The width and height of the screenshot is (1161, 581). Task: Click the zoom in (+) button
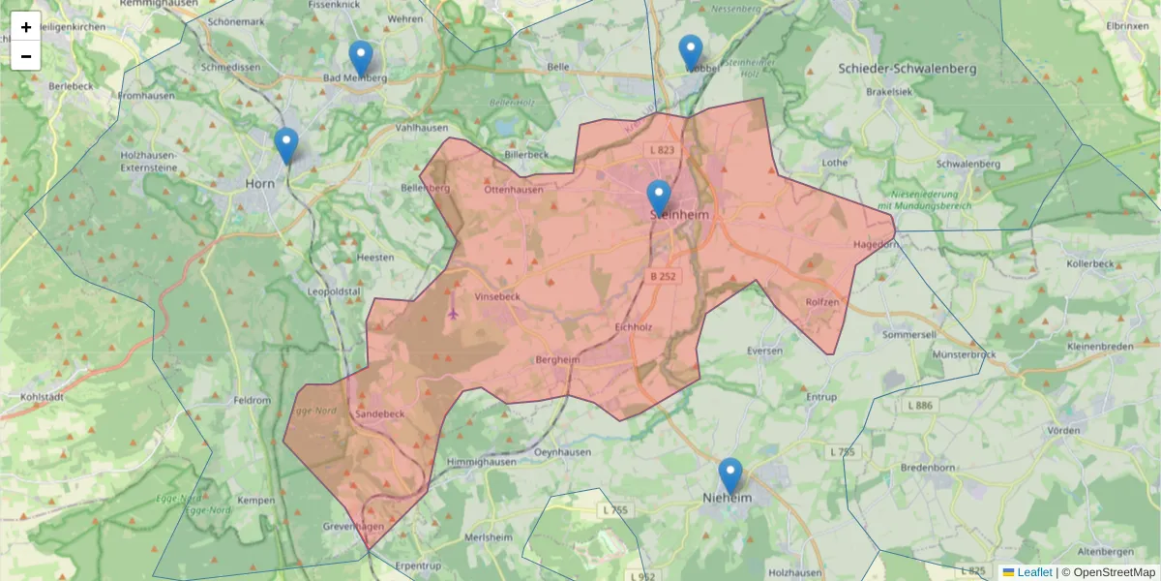pos(26,26)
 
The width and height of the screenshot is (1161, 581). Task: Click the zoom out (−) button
pos(26,56)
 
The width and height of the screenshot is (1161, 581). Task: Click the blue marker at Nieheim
pos(730,476)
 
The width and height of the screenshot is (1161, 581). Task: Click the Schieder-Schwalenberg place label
pos(908,69)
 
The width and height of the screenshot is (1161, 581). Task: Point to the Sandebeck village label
pos(380,413)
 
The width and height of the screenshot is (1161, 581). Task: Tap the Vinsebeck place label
pos(497,297)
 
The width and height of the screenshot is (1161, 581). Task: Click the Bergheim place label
pos(556,360)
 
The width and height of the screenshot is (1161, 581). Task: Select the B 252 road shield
pos(664,276)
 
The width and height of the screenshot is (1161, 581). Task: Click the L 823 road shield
pos(662,150)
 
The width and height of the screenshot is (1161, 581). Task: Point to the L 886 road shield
pos(921,406)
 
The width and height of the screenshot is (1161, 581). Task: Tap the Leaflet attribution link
pos(1034,572)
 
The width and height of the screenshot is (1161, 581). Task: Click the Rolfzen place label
pos(822,302)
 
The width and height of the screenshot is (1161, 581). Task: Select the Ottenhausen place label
pos(514,190)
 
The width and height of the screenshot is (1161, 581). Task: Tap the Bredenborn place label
pos(928,467)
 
